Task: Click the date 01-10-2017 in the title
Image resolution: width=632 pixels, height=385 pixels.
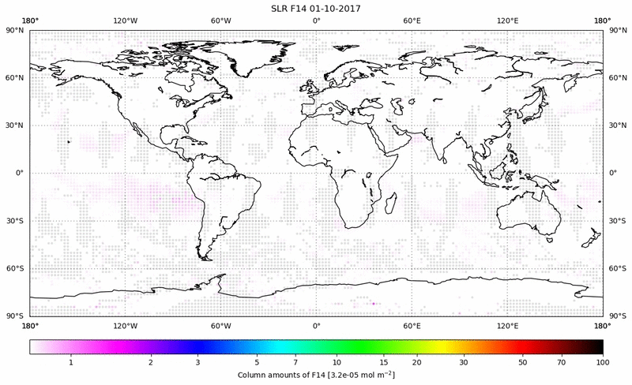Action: (350, 7)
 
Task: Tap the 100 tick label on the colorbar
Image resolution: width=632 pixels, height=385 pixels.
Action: (602, 361)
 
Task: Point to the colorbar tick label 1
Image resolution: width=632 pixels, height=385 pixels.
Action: (71, 361)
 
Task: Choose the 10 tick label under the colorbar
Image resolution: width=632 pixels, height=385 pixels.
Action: (337, 361)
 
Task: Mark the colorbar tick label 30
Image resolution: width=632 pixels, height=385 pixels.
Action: (464, 361)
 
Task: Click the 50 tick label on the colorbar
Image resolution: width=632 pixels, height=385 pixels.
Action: (522, 361)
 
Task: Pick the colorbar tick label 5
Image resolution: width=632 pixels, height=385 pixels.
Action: (257, 361)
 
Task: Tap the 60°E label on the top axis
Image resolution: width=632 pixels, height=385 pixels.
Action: (412, 19)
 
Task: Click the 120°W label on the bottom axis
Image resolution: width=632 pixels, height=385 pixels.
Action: (125, 325)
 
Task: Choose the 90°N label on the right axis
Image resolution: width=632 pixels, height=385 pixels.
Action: (615, 30)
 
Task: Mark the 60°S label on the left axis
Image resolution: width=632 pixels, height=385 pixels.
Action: (16, 268)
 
